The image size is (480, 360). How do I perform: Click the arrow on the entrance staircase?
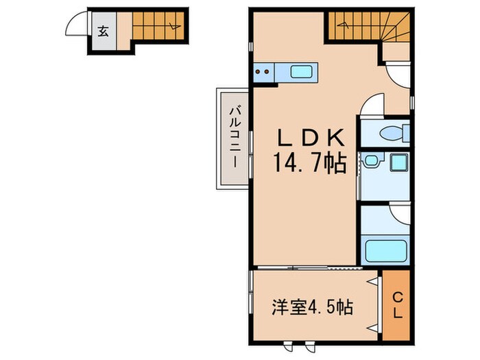pyautogui.click(x=173, y=28)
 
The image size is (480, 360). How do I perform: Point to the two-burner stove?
pyautogui.click(x=263, y=71)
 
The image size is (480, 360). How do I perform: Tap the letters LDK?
pyautogui.click(x=308, y=137)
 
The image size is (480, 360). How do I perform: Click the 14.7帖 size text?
pyautogui.click(x=308, y=163)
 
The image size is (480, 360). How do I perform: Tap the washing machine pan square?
pyautogui.click(x=398, y=164)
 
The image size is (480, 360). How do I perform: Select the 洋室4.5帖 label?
pyautogui.click(x=313, y=306)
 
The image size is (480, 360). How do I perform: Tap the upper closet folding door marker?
pyautogui.click(x=374, y=282)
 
